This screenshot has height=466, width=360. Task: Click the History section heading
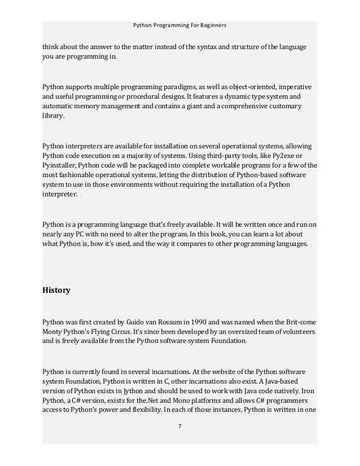click(x=56, y=291)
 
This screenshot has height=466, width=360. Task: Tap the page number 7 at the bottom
click(x=179, y=426)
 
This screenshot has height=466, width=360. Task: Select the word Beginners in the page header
click(x=212, y=25)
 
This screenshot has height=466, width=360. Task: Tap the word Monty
click(x=52, y=332)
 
